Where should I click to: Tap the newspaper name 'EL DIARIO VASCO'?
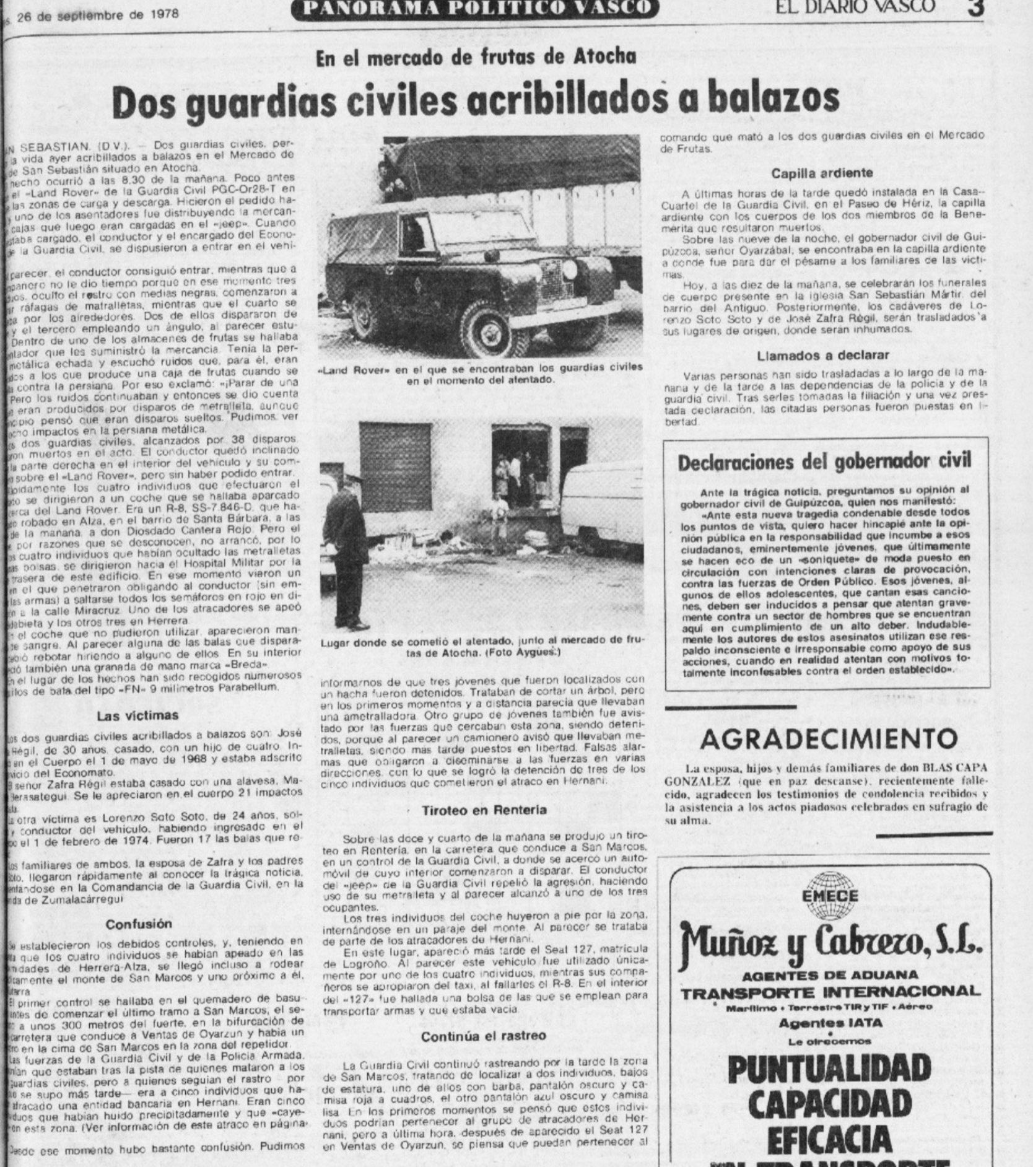pyautogui.click(x=856, y=6)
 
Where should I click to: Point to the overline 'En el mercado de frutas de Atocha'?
pyautogui.click(x=476, y=58)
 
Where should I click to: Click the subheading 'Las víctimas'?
pyautogui.click(x=137, y=716)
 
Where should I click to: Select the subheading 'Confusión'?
pyautogui.click(x=139, y=924)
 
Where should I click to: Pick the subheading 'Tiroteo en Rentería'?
pyautogui.click(x=484, y=811)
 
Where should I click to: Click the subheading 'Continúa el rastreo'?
pyautogui.click(x=484, y=1036)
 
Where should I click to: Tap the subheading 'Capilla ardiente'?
pyautogui.click(x=822, y=173)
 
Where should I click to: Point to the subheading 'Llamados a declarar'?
pyautogui.click(x=822, y=356)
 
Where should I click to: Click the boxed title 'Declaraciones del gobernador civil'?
pyautogui.click(x=824, y=463)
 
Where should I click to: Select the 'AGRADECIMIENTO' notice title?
pyautogui.click(x=829, y=738)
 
